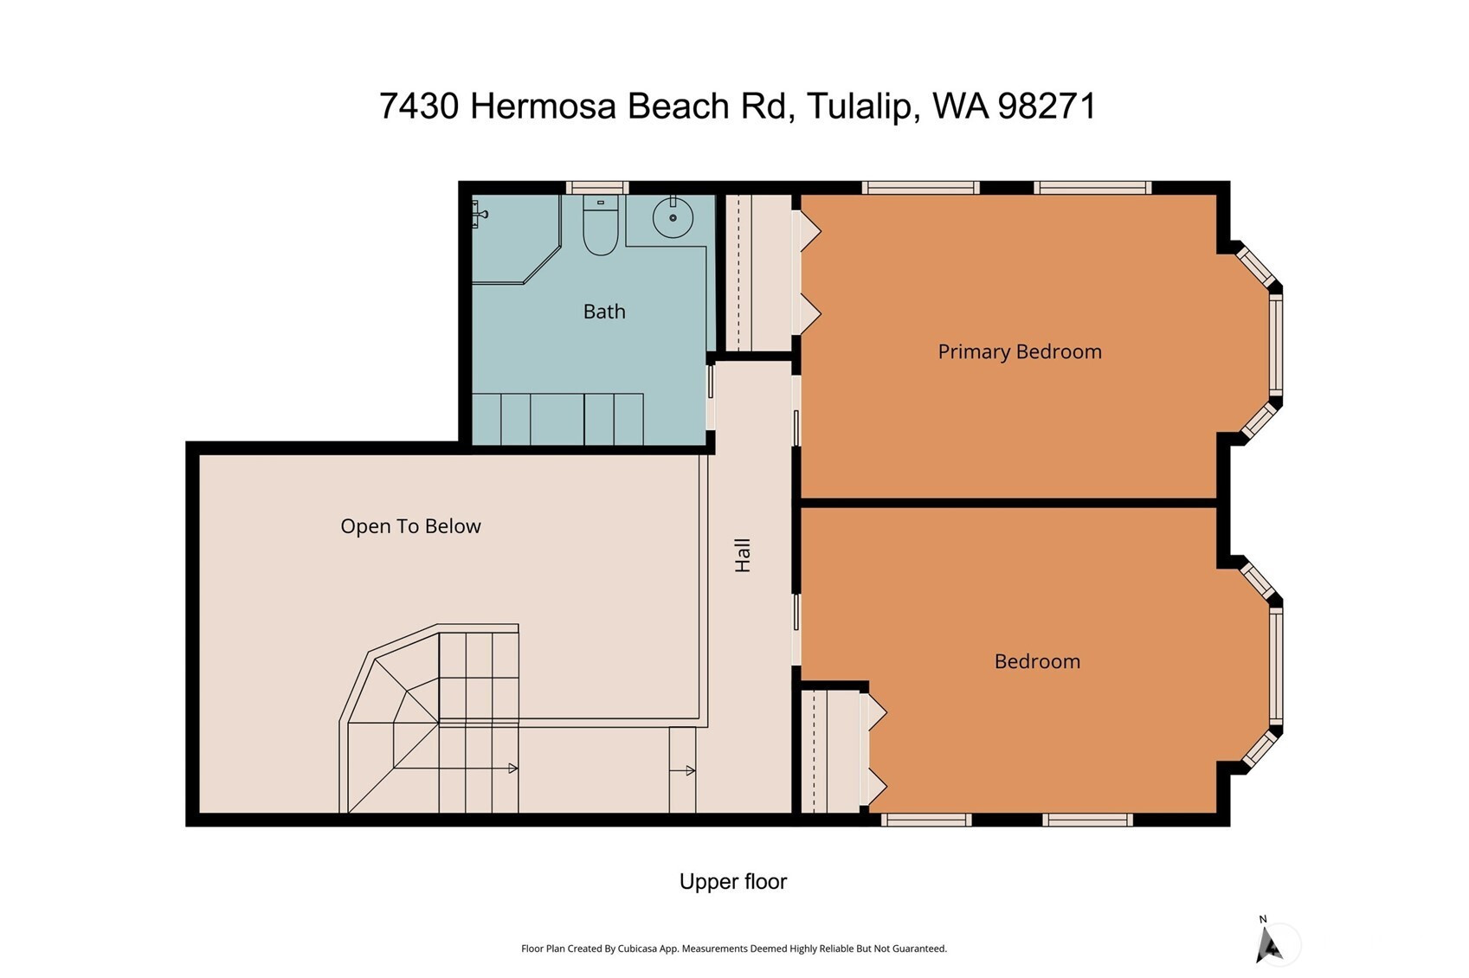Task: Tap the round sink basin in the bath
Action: click(673, 217)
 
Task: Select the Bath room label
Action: click(604, 312)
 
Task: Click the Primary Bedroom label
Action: click(1019, 352)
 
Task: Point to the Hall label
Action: click(743, 556)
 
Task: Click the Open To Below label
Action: click(410, 526)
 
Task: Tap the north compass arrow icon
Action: click(1269, 945)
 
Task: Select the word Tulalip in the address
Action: click(860, 106)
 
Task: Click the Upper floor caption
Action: click(733, 882)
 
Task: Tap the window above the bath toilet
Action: click(596, 188)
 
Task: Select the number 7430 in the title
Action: click(418, 106)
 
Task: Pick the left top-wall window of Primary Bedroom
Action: click(921, 188)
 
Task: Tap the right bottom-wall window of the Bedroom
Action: click(1087, 820)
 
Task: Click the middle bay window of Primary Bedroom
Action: click(1276, 345)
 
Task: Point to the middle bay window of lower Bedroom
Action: click(1276, 666)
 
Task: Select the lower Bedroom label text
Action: click(1037, 661)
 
